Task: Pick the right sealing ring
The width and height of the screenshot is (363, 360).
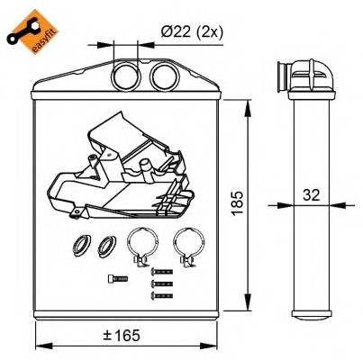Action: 108,242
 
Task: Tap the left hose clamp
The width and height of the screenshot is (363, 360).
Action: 142,244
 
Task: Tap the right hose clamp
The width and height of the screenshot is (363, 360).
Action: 187,244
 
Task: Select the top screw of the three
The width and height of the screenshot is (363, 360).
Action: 160,271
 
